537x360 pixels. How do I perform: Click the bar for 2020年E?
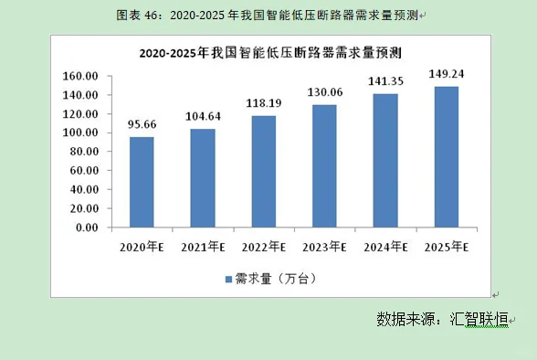point(142,182)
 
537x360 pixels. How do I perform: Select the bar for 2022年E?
point(263,171)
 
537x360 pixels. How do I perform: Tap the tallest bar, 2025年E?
point(447,156)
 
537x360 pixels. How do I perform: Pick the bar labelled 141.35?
point(385,160)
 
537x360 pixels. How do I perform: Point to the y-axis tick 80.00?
point(82,152)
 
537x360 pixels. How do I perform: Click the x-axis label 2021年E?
point(202,248)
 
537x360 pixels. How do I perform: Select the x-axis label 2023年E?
point(324,248)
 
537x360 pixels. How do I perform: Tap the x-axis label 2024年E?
point(384,248)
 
